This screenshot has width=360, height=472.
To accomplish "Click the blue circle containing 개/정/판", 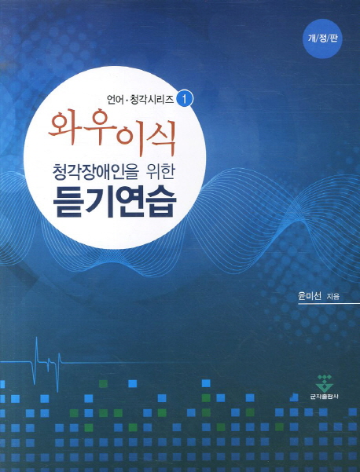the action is pyautogui.click(x=322, y=38).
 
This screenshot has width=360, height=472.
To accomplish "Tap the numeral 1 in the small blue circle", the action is pyautogui.click(x=186, y=100).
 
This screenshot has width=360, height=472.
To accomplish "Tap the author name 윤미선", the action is pyautogui.click(x=310, y=295).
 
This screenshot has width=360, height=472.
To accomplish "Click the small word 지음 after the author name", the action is pyautogui.click(x=332, y=297).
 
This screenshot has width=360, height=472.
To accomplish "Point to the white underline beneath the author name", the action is pyautogui.click(x=329, y=304).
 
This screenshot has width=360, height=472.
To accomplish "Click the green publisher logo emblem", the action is pyautogui.click(x=324, y=382).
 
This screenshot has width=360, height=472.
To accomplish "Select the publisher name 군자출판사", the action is pyautogui.click(x=324, y=397).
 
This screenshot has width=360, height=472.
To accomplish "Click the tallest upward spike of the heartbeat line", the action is pyautogui.click(x=36, y=337).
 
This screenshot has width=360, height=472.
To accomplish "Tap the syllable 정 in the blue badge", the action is pyautogui.click(x=322, y=38).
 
